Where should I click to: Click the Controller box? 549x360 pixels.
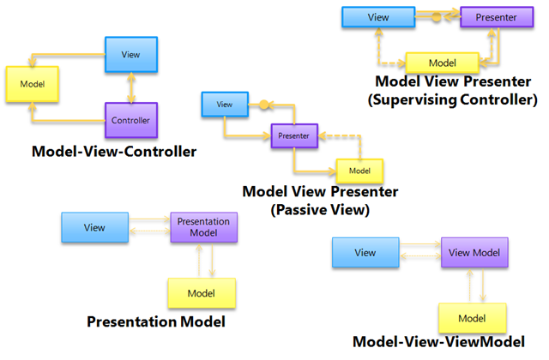point(130,120)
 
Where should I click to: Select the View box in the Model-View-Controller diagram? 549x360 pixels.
point(130,54)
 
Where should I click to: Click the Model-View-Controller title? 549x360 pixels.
point(114,152)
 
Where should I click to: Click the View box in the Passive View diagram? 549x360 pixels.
point(224,105)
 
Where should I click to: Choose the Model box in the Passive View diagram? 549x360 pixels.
point(359,171)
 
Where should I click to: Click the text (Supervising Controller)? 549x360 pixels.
point(451,99)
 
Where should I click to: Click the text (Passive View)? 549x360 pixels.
point(321,209)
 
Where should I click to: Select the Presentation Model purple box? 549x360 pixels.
point(203,227)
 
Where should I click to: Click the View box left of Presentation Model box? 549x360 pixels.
point(94,228)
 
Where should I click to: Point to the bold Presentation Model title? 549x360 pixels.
point(157,322)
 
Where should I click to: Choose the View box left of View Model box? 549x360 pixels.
point(365,253)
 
